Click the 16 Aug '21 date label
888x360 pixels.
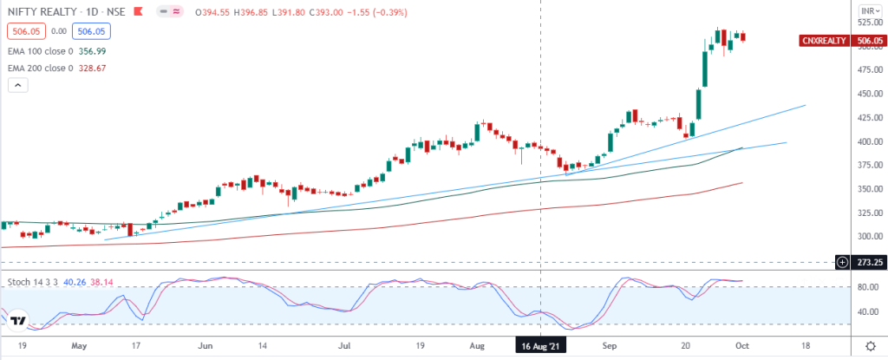(540, 344)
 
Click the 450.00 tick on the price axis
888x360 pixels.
(870, 94)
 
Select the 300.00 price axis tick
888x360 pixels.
(870, 237)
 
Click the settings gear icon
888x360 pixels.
(872, 345)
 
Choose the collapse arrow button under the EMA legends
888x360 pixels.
(17, 86)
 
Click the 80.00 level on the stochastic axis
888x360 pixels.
(869, 287)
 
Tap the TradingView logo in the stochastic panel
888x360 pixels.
(19, 320)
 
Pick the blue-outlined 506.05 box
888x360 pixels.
(91, 31)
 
